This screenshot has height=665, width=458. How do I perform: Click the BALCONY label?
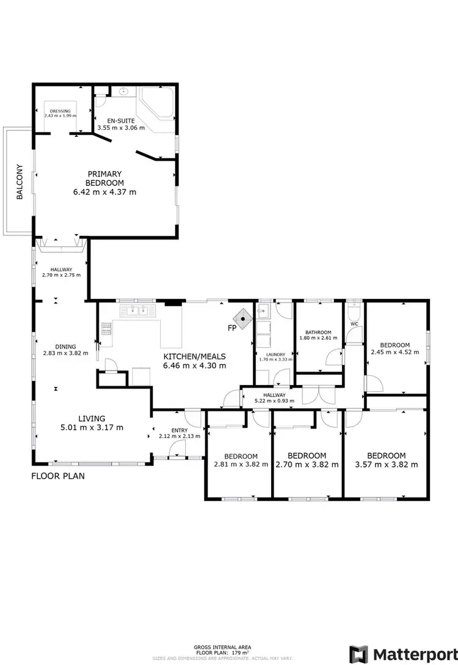point(20,182)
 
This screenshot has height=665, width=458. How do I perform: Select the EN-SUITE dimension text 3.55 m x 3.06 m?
point(121,128)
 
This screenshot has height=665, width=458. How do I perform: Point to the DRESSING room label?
point(60,111)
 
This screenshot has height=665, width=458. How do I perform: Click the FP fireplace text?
point(232,328)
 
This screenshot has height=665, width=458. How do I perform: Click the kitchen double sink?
point(138,310)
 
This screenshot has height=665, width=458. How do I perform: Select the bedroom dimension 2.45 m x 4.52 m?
point(395,352)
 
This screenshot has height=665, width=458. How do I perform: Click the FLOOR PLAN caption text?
point(57,475)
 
